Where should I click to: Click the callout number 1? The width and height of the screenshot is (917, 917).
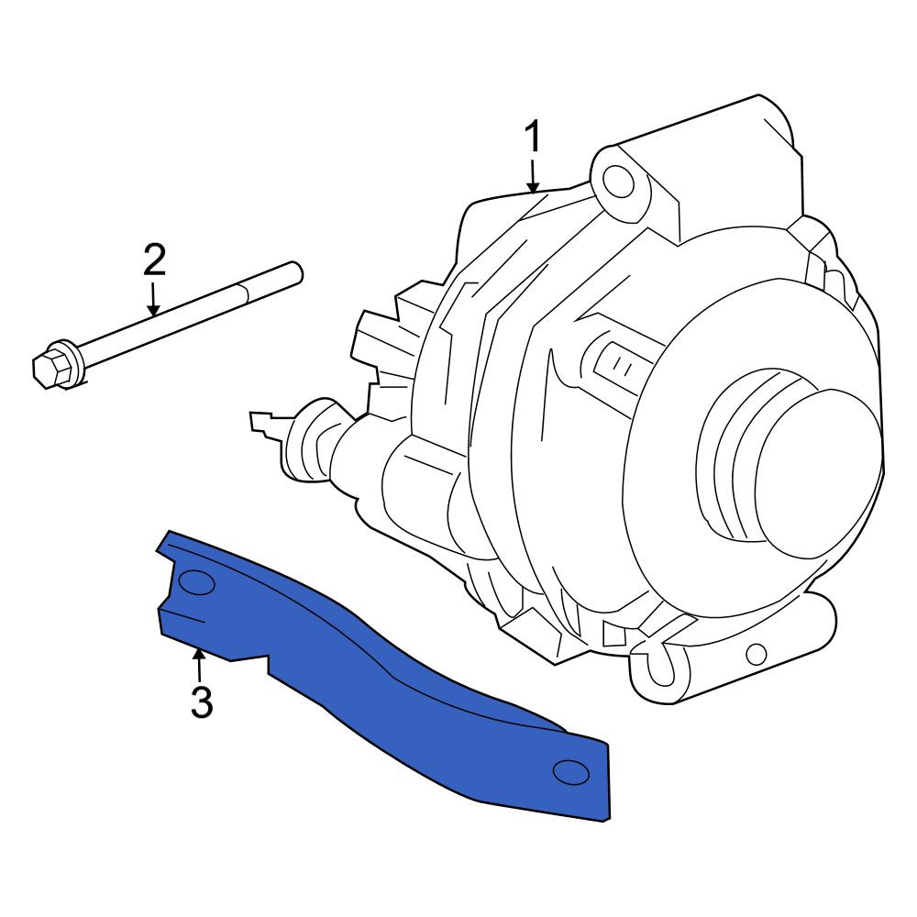[534, 138]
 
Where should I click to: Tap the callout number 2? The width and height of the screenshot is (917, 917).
[154, 260]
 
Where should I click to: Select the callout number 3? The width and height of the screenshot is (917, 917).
[201, 702]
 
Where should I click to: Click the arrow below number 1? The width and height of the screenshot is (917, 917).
[533, 178]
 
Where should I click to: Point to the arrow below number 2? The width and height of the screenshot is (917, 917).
[153, 300]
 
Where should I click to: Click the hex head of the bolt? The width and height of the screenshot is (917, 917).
[50, 367]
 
